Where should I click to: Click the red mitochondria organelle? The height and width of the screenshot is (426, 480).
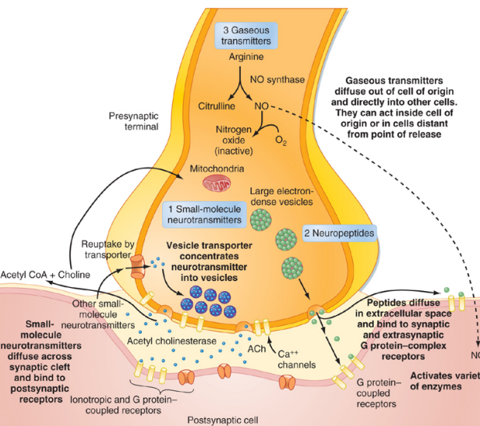(223, 183)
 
